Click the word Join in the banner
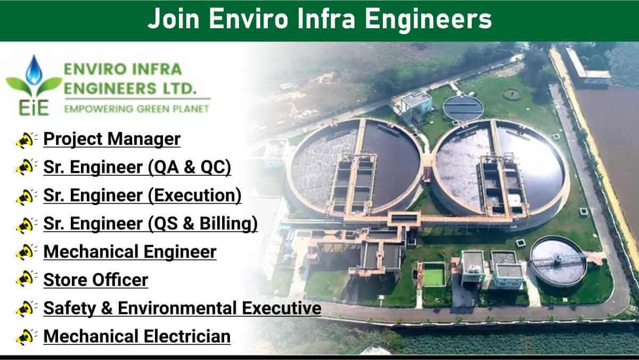[173, 19]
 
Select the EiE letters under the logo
[34, 108]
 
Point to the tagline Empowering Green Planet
[137, 109]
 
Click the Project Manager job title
[112, 139]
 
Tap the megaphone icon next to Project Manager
[26, 140]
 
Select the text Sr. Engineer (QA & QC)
[137, 167]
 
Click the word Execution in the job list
[194, 195]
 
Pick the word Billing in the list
[228, 223]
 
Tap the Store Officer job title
[96, 280]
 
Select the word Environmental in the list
[177, 308]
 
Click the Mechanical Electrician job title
[137, 337]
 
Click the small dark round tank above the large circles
[463, 108]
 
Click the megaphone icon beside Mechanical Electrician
[26, 337]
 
